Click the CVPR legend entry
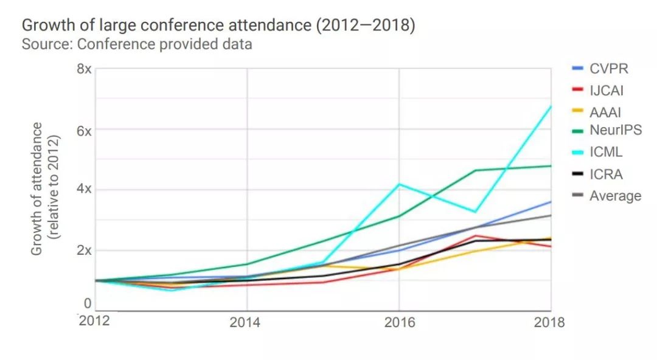pyautogui.click(x=608, y=68)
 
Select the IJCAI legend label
pyautogui.click(x=607, y=91)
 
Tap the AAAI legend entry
pyautogui.click(x=605, y=112)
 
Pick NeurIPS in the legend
pyautogui.click(x=615, y=130)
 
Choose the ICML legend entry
pyautogui.click(x=606, y=153)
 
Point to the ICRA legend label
pyautogui.click(x=606, y=175)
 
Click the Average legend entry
pyautogui.click(x=615, y=196)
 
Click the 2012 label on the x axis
pyautogui.click(x=94, y=320)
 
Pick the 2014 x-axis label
pyautogui.click(x=245, y=322)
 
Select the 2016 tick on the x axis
pyautogui.click(x=399, y=322)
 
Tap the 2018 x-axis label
pyautogui.click(x=549, y=322)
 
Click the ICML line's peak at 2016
pyautogui.click(x=399, y=184)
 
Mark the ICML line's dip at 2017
pyautogui.click(x=475, y=212)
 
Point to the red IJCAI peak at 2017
pyautogui.click(x=475, y=236)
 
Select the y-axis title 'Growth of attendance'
pyautogui.click(x=37, y=189)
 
